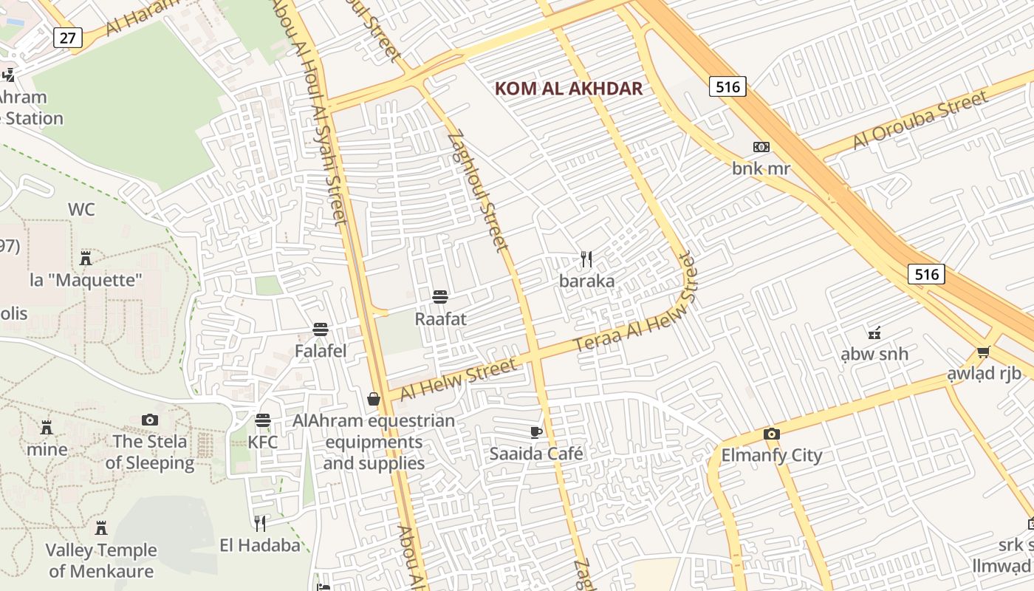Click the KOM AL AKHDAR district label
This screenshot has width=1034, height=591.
point(568,89)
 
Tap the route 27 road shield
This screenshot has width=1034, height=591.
point(67,38)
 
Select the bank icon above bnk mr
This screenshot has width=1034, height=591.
point(761,147)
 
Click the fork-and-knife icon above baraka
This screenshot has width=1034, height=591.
point(586,259)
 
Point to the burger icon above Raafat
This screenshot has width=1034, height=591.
point(440,297)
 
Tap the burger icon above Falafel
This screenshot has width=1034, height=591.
point(321,329)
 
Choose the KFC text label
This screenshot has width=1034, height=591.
point(263,443)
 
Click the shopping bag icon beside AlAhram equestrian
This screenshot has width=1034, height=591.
point(374,399)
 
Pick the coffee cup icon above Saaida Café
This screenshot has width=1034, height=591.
point(536,432)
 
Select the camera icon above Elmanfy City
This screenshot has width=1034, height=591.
point(771,434)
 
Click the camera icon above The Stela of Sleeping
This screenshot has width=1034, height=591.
point(150,420)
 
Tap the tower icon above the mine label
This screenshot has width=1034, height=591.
point(47,428)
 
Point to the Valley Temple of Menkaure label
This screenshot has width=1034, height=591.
point(101,561)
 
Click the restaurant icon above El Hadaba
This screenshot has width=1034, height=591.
point(260,524)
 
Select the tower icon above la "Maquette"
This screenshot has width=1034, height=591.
point(86,258)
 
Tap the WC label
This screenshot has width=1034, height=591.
point(81,210)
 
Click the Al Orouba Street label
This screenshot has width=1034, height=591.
point(920,120)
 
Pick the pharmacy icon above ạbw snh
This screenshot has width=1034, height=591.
point(874,332)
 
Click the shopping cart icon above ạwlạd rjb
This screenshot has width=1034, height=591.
point(983,352)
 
